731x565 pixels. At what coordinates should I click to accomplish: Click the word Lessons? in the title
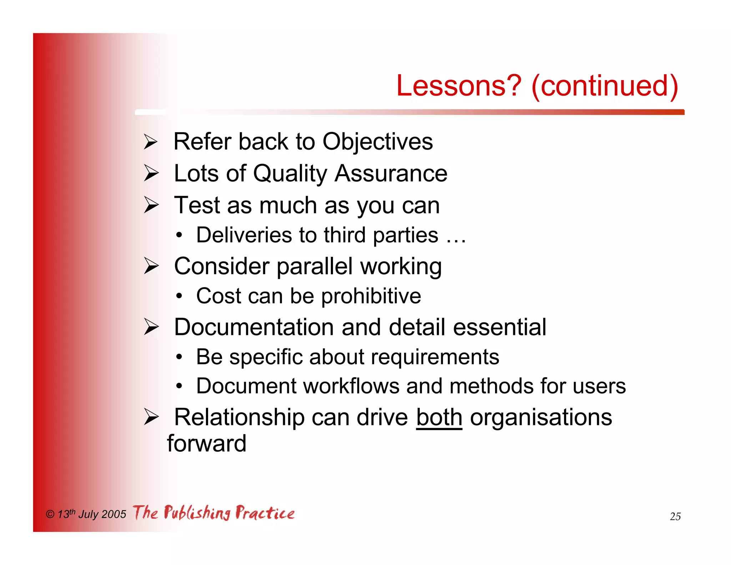(x=459, y=86)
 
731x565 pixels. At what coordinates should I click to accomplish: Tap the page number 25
(x=675, y=516)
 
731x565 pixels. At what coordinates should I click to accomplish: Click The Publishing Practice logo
(x=213, y=513)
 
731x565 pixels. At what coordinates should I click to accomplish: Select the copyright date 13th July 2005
(x=91, y=514)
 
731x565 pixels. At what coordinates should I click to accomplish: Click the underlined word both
(x=439, y=417)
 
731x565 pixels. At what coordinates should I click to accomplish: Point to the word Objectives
(x=377, y=142)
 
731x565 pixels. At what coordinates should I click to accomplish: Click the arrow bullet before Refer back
(x=151, y=142)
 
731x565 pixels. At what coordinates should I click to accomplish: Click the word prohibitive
(x=371, y=296)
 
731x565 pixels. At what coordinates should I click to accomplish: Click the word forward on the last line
(x=207, y=444)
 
